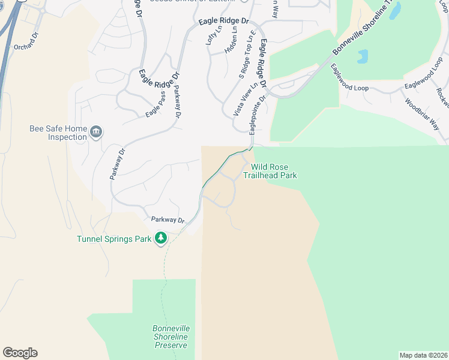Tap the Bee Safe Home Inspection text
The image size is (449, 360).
58,133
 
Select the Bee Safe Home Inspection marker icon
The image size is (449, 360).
95,132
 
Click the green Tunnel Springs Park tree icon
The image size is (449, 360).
160,239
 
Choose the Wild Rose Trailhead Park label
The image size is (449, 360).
270,171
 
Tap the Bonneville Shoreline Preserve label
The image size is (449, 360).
171,337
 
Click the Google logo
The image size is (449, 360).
20,353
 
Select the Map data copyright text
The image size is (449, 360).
423,355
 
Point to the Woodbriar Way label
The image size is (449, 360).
422,113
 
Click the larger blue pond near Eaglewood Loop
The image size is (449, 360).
363,56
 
